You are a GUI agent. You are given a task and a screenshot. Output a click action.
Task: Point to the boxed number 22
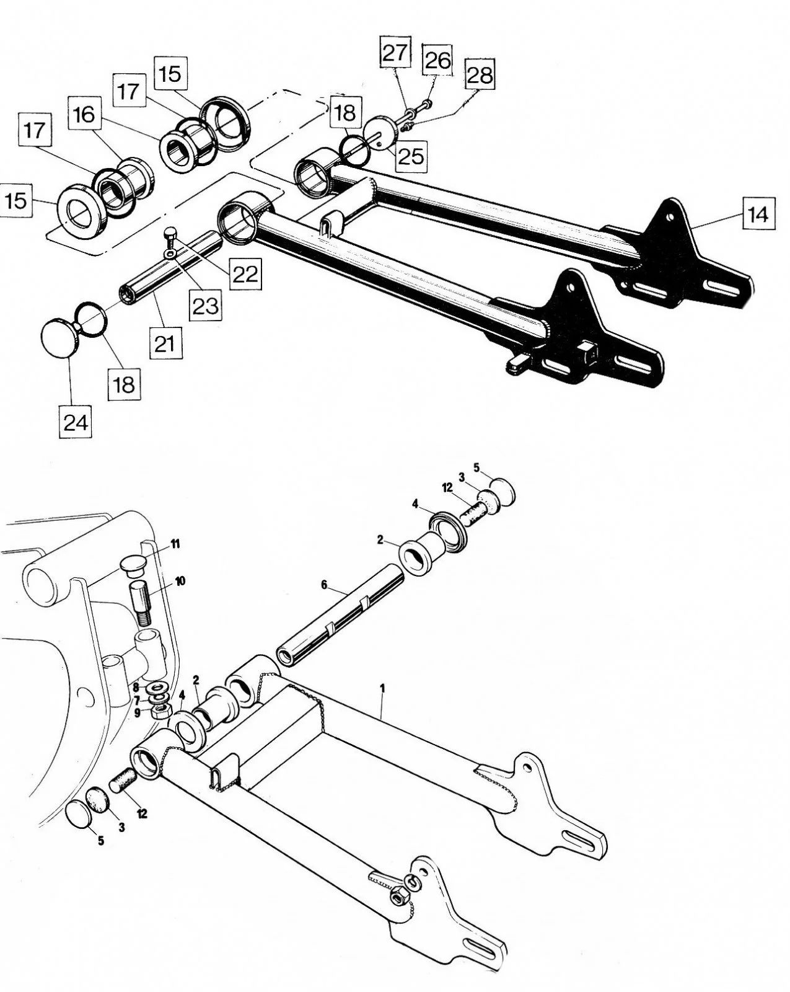click(245, 273)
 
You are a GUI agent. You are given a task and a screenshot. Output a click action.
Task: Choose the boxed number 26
click(437, 61)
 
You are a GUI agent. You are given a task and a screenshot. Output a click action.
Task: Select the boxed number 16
click(85, 114)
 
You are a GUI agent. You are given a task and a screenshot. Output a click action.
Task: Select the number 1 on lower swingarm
click(383, 688)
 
